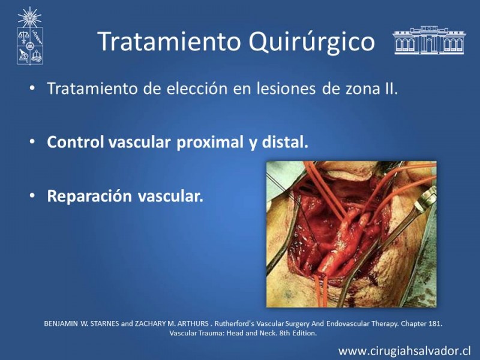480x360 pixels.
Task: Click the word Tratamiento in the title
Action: tap(169, 41)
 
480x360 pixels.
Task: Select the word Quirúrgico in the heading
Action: tap(311, 42)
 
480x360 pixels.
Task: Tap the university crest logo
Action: tap(29, 36)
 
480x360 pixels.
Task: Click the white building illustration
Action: tap(429, 40)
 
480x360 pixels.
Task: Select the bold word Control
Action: tap(76, 142)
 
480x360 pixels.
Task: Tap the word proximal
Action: tap(210, 143)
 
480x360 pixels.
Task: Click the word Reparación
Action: tap(89, 196)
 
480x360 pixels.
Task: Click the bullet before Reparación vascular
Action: tap(32, 196)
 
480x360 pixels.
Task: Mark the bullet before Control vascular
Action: tap(32, 142)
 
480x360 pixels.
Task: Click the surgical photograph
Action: tap(352, 234)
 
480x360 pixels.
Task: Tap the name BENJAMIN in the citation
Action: tap(61, 323)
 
